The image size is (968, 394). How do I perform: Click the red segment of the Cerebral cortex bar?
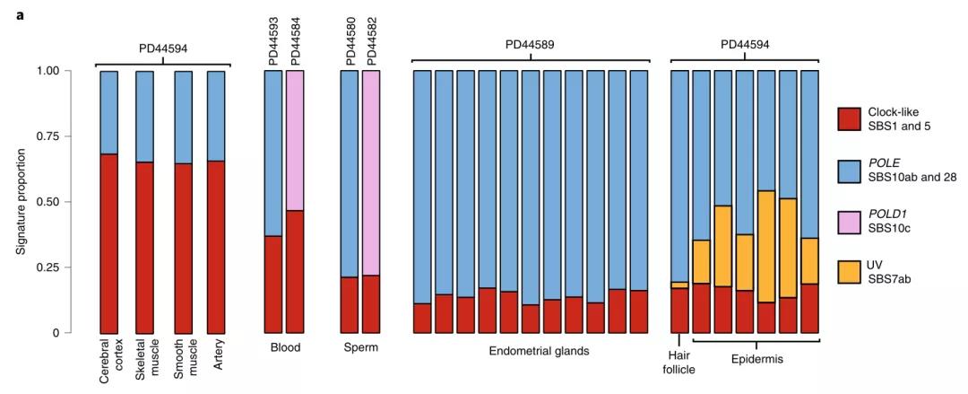pyautogui.click(x=108, y=243)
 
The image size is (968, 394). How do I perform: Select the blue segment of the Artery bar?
pyautogui.click(x=215, y=116)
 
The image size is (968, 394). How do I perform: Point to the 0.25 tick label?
pyautogui.click(x=49, y=267)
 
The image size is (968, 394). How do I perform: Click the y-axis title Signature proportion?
pyautogui.click(x=20, y=202)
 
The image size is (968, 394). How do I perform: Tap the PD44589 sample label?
pyautogui.click(x=530, y=45)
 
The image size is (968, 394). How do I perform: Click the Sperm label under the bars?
pyautogui.click(x=359, y=347)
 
